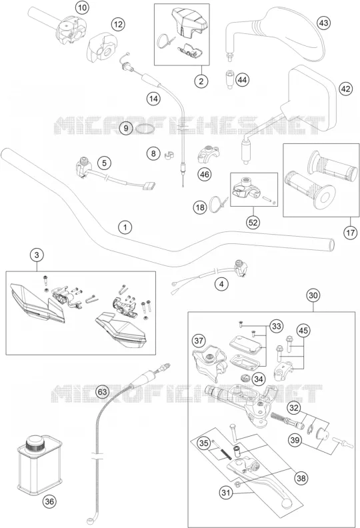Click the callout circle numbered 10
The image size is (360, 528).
[82, 7]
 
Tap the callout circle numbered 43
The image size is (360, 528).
[323, 23]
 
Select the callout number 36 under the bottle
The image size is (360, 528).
[49, 501]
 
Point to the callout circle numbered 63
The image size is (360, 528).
[103, 391]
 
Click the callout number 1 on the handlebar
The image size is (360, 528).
[125, 227]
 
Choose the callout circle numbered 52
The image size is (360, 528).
[253, 222]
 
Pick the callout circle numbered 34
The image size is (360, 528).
[258, 379]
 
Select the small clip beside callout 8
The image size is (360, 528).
[169, 155]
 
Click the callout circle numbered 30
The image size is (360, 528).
[313, 295]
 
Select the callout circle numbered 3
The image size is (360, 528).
[37, 255]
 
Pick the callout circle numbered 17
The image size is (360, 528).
[350, 233]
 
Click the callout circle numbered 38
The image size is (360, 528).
[301, 478]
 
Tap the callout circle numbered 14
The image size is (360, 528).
[153, 99]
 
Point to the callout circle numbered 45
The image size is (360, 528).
[303, 331]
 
